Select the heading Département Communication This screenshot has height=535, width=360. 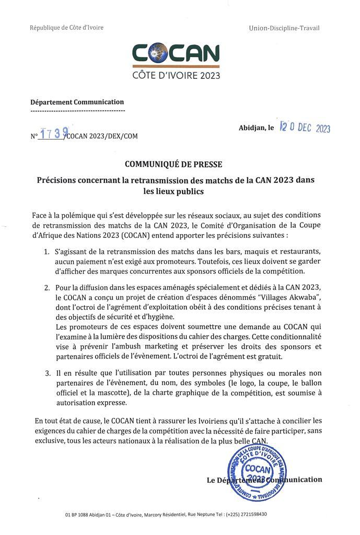(77, 102)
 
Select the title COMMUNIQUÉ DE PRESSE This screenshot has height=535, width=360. (180, 162)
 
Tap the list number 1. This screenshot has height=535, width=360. (46, 252)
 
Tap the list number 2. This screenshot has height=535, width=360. (46, 288)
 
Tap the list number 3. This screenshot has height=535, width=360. (46, 374)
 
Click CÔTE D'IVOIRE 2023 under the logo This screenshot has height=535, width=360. (176, 75)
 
